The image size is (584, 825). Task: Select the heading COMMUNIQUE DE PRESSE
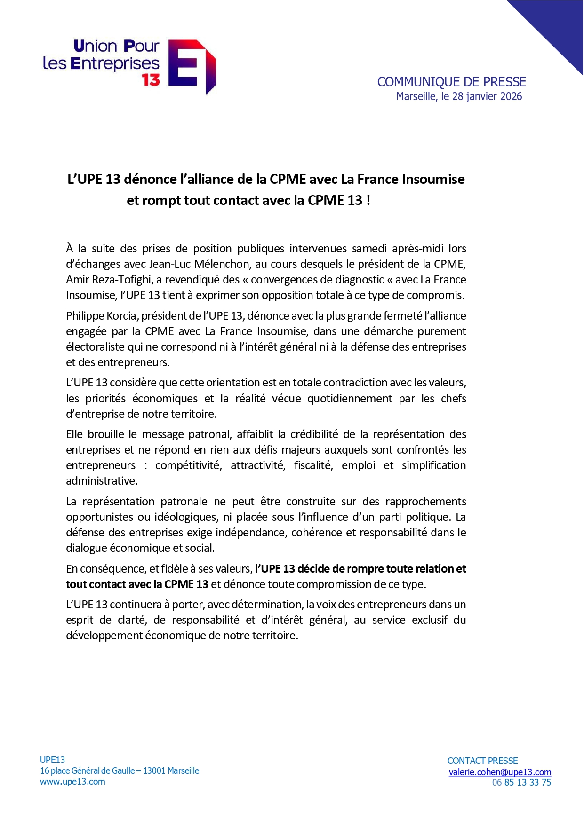point(451,82)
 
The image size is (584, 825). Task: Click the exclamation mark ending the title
point(368,200)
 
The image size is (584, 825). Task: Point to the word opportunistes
point(99,517)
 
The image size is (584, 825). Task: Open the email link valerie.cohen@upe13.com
point(500,772)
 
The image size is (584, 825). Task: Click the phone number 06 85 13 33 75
point(521,783)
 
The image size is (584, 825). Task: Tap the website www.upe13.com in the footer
point(72,782)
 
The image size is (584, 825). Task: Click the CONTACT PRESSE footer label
point(482,761)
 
